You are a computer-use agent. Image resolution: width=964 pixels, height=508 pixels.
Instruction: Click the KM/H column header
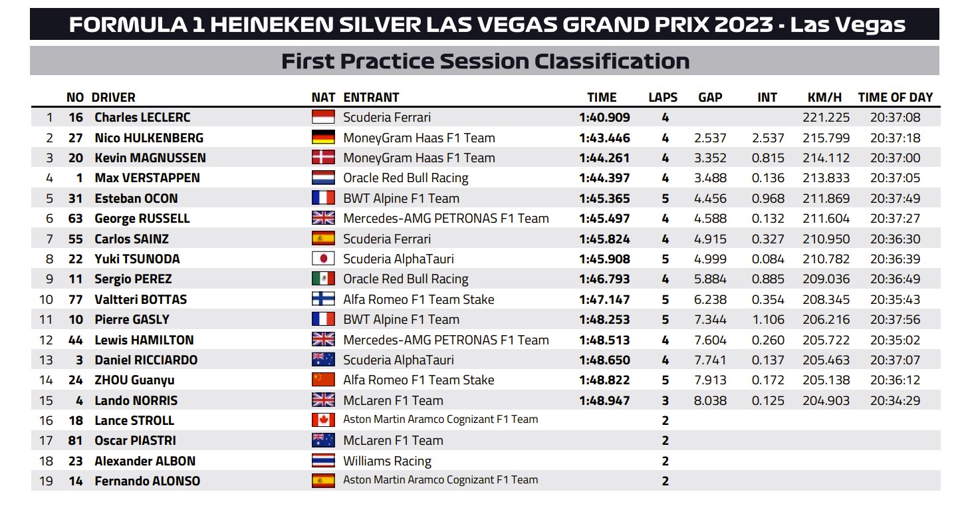[x=824, y=97]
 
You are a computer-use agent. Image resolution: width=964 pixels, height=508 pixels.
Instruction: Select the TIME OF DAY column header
[x=895, y=97]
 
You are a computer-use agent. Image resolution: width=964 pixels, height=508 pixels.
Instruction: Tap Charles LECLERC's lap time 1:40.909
[x=604, y=118]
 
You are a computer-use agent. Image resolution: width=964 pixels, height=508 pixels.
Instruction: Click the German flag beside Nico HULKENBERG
[x=323, y=138]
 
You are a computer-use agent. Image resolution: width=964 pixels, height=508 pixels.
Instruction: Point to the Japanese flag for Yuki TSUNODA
[x=323, y=259]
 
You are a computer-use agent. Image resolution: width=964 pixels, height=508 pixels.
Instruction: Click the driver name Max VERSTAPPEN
[x=147, y=178]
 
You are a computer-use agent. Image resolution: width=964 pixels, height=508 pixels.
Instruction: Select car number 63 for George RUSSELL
[x=75, y=219]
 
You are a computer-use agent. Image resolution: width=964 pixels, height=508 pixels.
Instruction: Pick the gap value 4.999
[x=710, y=259]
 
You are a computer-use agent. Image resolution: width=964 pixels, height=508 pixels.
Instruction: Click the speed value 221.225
[x=826, y=118]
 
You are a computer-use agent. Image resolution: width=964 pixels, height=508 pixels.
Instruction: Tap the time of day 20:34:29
[x=895, y=401]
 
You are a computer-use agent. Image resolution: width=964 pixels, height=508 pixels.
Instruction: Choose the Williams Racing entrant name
[x=387, y=461]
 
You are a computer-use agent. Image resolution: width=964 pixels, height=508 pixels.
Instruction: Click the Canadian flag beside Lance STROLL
[x=323, y=420]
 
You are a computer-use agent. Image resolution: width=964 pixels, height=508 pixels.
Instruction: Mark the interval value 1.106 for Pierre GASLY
[x=768, y=319]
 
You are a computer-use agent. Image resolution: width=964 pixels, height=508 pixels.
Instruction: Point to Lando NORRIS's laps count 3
[x=665, y=401]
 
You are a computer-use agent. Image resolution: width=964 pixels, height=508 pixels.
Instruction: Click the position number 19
[x=46, y=481]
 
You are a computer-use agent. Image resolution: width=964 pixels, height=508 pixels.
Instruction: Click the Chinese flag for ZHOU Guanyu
[x=323, y=380]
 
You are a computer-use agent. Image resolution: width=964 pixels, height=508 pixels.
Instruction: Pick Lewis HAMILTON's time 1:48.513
[x=604, y=340]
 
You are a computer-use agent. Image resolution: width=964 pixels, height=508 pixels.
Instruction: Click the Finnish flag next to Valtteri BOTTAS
[x=323, y=299]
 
